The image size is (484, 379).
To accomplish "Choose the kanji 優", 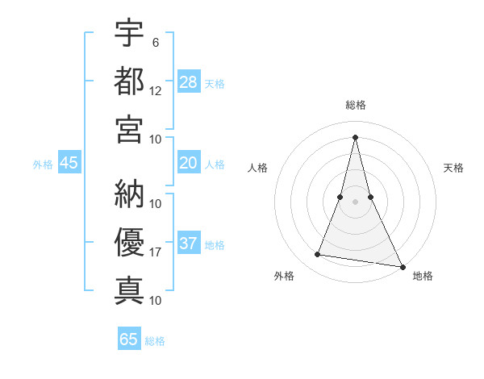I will click(129, 241).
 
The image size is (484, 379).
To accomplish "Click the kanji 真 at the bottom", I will click(129, 289).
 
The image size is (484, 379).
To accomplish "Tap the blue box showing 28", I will click(188, 81).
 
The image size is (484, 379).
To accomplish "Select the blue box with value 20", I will click(188, 163).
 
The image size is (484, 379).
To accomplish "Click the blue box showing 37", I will click(188, 244).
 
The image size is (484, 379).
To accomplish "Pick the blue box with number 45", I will click(69, 163).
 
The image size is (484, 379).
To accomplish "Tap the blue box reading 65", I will click(128, 339).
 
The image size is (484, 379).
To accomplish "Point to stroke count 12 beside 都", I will click(156, 90).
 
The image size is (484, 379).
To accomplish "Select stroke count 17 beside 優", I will click(156, 252).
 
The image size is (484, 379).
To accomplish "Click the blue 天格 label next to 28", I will click(215, 83).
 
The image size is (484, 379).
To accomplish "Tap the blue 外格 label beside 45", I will click(43, 164).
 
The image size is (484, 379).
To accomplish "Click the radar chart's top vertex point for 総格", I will click(355, 136).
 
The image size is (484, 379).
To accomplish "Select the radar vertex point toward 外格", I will click(318, 255).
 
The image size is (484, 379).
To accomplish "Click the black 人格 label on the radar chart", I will click(257, 168).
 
